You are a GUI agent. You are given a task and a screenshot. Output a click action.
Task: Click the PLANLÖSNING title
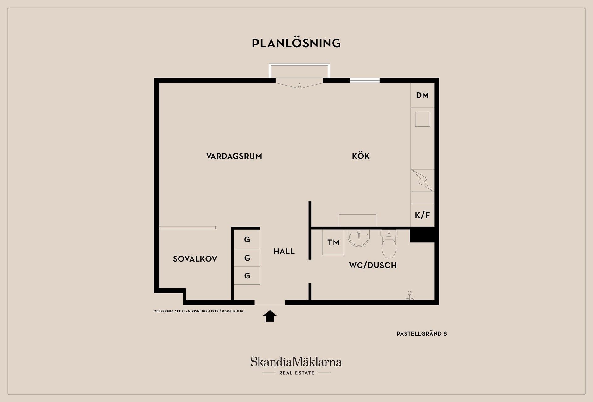296,43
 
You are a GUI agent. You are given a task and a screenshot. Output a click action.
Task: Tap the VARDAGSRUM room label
234,156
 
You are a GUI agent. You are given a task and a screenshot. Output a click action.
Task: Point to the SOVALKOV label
195,259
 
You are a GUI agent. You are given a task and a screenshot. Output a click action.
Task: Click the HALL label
284,251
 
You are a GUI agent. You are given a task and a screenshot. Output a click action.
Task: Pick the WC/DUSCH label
373,265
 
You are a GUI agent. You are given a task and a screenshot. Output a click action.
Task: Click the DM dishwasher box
423,95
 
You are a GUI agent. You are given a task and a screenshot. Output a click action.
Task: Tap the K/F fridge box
423,215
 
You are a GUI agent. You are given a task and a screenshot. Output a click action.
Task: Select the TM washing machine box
333,242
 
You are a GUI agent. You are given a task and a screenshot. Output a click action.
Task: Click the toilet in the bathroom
389,244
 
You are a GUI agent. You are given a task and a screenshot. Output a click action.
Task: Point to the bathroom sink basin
359,239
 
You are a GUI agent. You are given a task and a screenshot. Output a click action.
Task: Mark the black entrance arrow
270,316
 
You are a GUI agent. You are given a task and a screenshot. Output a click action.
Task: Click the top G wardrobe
247,240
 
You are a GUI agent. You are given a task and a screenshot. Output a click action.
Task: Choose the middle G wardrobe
247,258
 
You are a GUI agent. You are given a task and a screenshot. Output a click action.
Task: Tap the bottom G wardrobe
247,276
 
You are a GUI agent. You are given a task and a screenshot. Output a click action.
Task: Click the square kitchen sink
423,119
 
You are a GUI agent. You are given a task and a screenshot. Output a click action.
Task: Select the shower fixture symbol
410,295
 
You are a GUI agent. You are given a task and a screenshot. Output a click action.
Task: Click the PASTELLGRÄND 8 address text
422,334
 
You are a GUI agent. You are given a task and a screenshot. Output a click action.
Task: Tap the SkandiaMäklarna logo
296,366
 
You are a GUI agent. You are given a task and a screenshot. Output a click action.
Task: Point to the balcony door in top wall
299,83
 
